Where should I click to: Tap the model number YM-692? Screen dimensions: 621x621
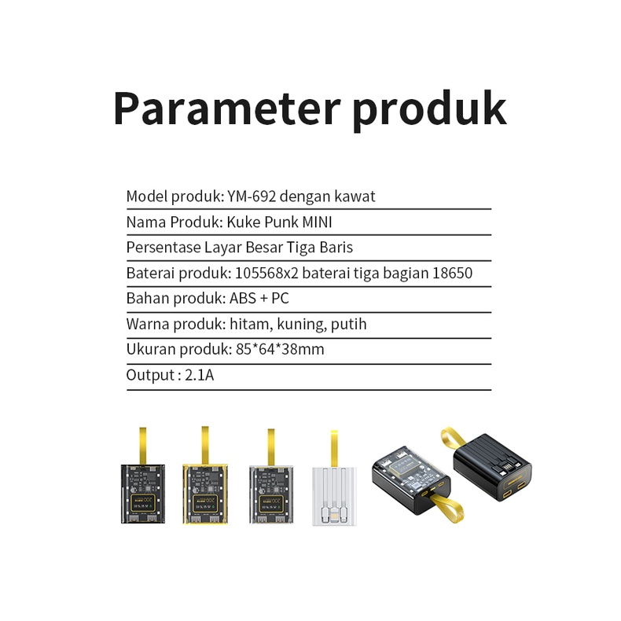(x=255, y=197)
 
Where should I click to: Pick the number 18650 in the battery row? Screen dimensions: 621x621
(x=452, y=274)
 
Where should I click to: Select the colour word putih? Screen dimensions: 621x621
(x=348, y=325)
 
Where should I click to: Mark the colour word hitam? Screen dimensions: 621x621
(x=248, y=325)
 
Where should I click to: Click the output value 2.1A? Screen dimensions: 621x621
(x=200, y=376)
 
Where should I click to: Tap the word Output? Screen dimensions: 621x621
(x=149, y=376)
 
